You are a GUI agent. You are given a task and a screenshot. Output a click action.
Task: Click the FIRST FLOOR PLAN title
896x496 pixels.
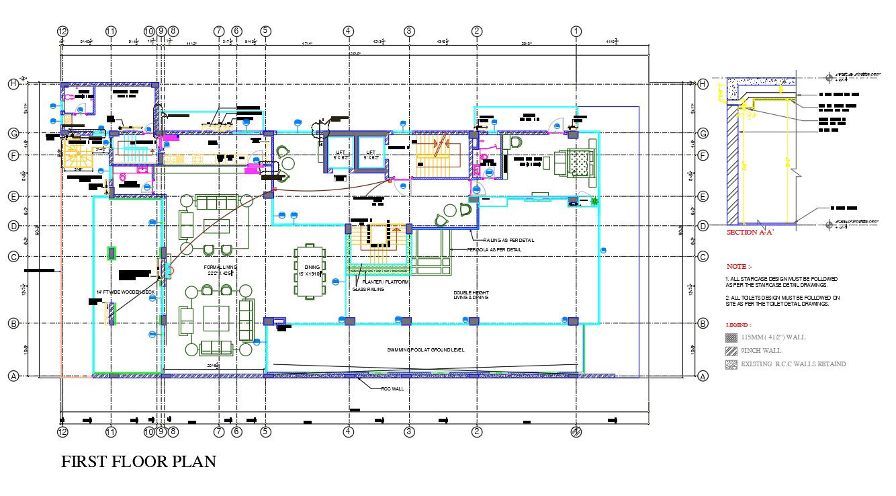pos(138,462)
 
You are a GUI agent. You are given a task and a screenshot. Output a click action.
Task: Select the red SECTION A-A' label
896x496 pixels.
pos(750,233)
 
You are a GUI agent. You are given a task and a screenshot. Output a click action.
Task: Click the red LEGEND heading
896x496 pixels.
pos(739,325)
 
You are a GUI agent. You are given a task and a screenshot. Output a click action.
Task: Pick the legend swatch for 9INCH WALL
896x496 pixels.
pos(731,351)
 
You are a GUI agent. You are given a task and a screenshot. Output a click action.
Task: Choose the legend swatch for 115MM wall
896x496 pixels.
pos(731,337)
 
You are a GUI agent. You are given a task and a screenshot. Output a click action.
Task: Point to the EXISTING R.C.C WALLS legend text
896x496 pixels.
pos(793,364)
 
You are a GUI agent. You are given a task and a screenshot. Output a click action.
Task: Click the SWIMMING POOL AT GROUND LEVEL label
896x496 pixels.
pos(426,349)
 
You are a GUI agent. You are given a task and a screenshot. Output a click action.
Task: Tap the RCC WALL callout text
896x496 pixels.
pos(392,388)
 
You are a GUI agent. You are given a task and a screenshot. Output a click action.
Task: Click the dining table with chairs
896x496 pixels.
pos(309,272)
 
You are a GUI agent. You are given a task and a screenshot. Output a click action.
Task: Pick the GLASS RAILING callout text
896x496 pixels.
pos(368,289)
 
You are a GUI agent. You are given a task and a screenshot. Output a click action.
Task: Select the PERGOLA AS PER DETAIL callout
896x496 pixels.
pos(494,249)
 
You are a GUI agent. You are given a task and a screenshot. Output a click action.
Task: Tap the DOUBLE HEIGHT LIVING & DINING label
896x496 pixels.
pos(471,294)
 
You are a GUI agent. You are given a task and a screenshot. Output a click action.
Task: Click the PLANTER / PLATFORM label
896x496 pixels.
pos(386,282)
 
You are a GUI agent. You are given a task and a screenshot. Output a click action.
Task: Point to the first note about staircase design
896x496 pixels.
pos(781,282)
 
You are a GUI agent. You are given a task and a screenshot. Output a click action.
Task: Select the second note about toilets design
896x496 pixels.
pos(782,300)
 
